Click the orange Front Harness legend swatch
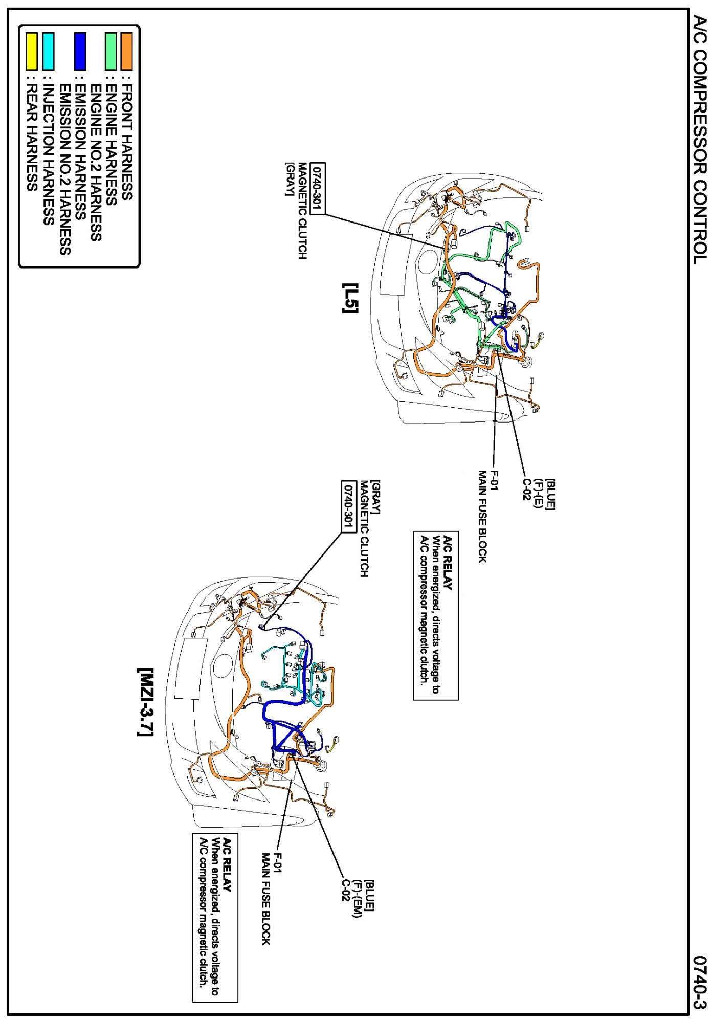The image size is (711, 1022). (126, 51)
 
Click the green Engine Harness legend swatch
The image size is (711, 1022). (110, 51)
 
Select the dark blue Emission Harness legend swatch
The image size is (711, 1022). (80, 51)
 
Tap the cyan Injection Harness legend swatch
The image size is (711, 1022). (49, 51)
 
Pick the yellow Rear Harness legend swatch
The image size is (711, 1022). (32, 51)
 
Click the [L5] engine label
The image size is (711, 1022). (351, 298)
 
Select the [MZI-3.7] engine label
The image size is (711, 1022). (145, 702)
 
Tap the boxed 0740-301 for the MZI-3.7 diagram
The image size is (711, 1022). (348, 506)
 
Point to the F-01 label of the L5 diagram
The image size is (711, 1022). (494, 480)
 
